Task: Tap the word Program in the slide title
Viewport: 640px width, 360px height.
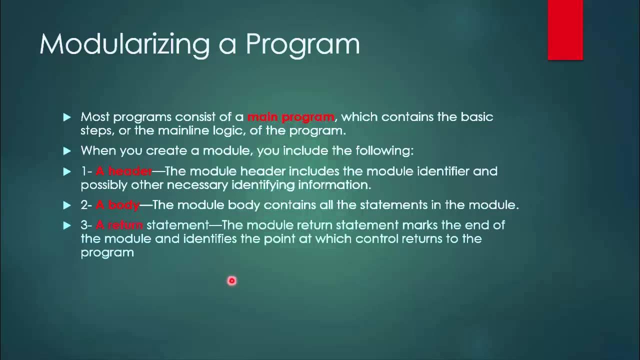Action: pyautogui.click(x=302, y=44)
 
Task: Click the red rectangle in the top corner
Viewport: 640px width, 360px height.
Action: pyautogui.click(x=565, y=30)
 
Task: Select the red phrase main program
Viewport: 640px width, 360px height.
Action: pyautogui.click(x=290, y=117)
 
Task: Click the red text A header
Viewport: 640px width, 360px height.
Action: pyautogui.click(x=123, y=171)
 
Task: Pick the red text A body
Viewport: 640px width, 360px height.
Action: pyautogui.click(x=117, y=205)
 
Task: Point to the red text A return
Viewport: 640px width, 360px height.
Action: pyautogui.click(x=119, y=225)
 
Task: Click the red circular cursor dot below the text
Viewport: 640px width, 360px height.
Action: pyautogui.click(x=231, y=281)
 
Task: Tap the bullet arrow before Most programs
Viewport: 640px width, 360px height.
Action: pyautogui.click(x=67, y=117)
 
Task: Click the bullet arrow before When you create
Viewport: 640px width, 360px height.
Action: pyautogui.click(x=67, y=150)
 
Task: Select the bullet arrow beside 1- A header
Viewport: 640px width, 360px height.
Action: pyautogui.click(x=67, y=171)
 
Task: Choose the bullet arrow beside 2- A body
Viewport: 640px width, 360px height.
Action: pyautogui.click(x=67, y=205)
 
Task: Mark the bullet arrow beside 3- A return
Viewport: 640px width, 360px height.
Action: pyautogui.click(x=67, y=225)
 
